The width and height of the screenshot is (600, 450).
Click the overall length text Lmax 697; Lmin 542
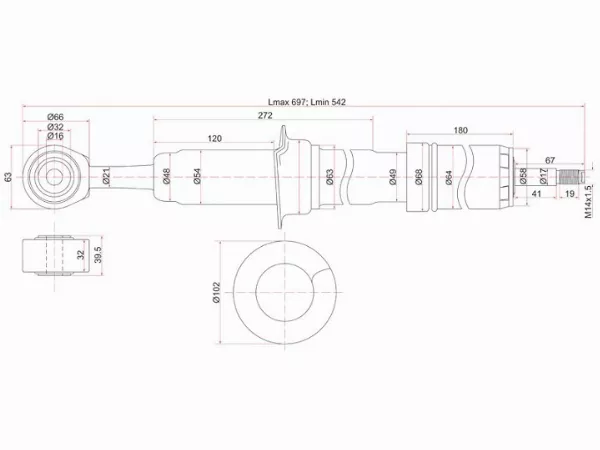(x=305, y=102)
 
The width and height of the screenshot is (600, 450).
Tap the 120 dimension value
(x=214, y=138)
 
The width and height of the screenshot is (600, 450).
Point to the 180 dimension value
(x=460, y=131)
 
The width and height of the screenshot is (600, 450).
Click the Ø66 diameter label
(x=57, y=117)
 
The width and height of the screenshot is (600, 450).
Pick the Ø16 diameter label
(x=57, y=137)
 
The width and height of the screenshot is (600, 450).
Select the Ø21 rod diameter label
(x=105, y=178)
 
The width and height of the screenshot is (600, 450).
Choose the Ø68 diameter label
(x=419, y=178)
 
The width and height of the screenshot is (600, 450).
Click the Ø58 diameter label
(x=523, y=177)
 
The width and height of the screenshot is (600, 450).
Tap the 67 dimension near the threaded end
(x=549, y=159)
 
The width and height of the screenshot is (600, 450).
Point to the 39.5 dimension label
(x=97, y=255)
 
